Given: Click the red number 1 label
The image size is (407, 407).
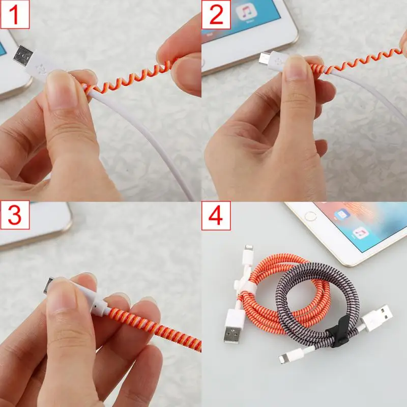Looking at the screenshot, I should click(x=15, y=15).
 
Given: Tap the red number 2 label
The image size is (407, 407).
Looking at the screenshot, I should click(x=216, y=15).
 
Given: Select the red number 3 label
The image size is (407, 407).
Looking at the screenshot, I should click(x=15, y=216).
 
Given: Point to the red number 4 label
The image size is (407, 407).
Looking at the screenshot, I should click(x=216, y=216).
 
